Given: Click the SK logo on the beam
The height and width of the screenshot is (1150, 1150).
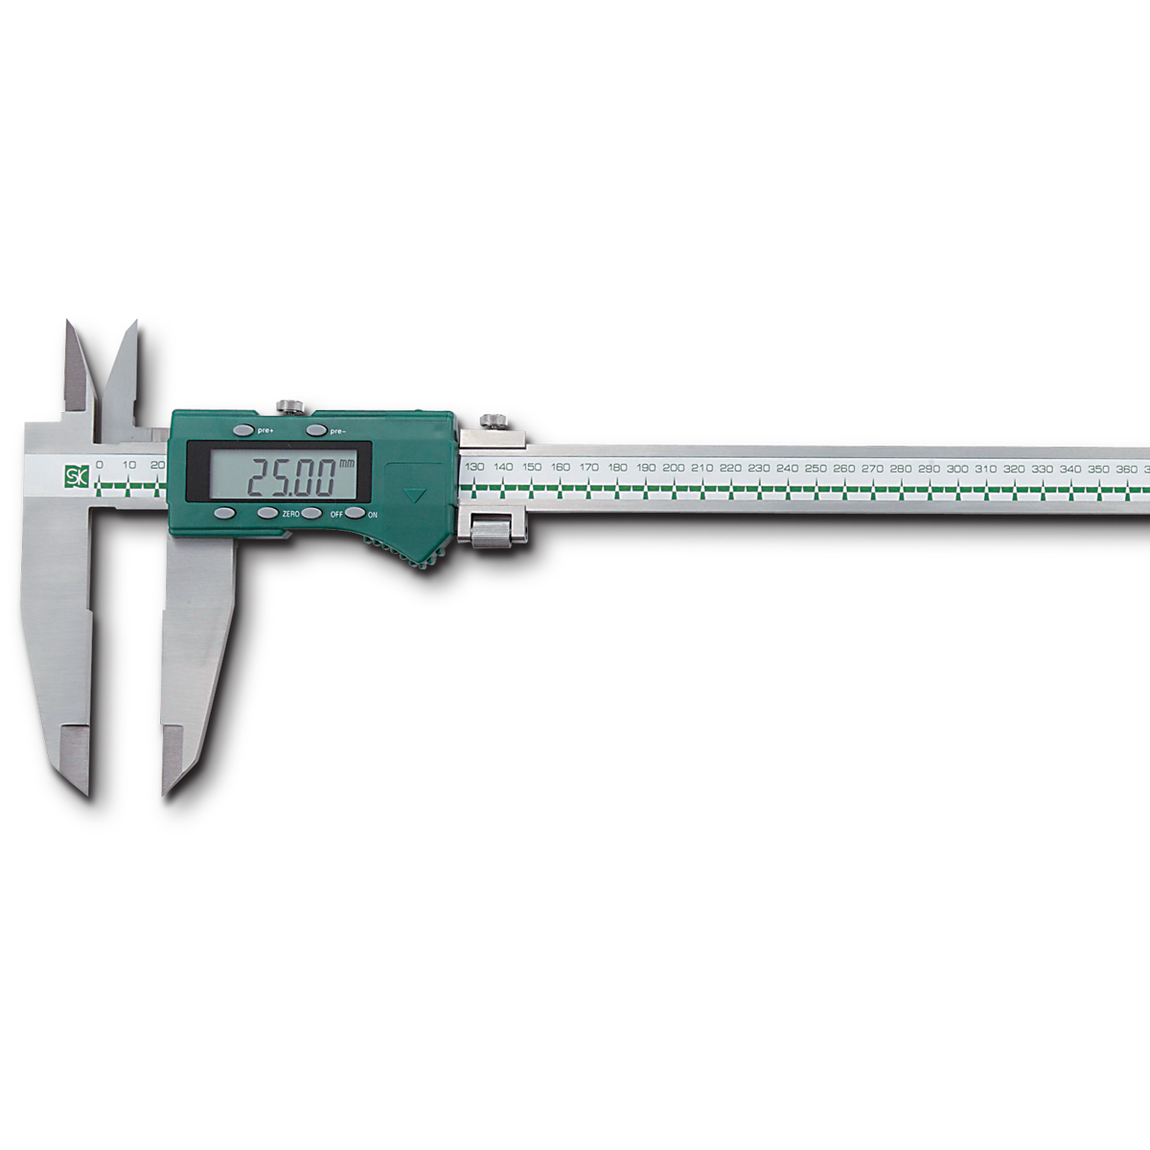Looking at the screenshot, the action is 77,476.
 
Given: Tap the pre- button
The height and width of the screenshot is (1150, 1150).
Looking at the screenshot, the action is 317,430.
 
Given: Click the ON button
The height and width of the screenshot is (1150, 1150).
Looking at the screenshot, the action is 355,513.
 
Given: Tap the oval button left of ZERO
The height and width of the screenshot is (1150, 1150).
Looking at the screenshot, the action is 268,513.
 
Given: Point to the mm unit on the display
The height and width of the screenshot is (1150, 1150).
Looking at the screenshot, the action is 347,464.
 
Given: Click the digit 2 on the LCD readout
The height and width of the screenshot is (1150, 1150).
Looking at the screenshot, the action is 262,477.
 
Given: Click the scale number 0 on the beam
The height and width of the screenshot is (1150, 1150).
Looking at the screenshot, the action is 99,465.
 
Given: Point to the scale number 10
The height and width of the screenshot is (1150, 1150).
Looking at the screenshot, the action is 129,465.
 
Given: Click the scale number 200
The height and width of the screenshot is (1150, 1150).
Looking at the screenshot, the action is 673,468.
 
